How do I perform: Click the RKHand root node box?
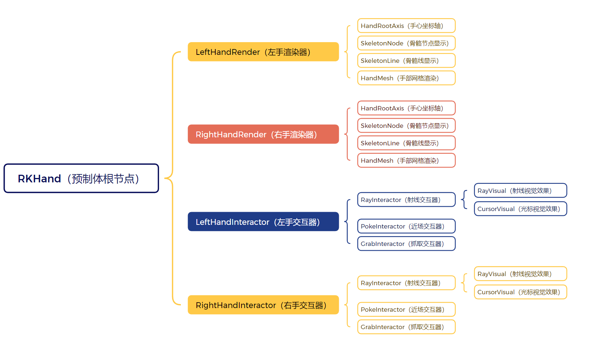pos(81,178)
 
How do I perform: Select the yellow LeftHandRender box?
pos(263,52)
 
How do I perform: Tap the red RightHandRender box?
pos(263,134)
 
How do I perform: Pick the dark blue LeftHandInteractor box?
pos(263,222)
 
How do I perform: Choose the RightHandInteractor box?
pos(263,305)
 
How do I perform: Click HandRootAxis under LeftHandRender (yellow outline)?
pos(406,26)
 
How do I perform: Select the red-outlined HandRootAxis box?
pos(406,108)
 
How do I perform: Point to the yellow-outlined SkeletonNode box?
pos(406,43)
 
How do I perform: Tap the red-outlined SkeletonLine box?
pos(406,143)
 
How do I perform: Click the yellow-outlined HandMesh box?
pos(406,78)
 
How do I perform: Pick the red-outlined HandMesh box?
pos(406,161)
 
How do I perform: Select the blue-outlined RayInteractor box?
pos(406,200)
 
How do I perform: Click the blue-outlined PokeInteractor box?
pos(406,226)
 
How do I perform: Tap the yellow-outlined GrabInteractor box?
pos(406,327)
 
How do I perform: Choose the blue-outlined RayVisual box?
pos(520,191)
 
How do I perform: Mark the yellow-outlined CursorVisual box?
pos(520,292)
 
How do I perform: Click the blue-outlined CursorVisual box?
pos(520,209)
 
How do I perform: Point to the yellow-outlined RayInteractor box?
pos(406,283)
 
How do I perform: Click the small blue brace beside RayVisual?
pos(464,199)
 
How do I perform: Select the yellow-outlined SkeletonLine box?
pos(406,61)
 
